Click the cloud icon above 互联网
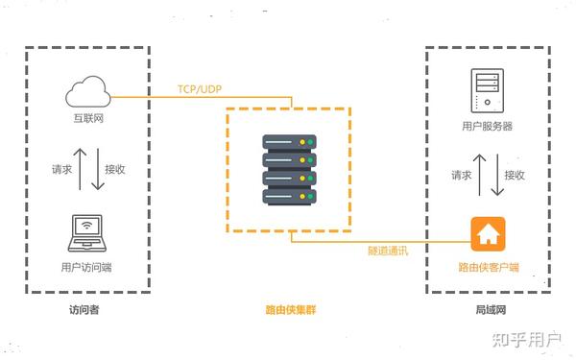point(88,91)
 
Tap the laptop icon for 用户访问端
point(87,233)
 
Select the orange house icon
point(489,234)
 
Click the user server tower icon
point(488,90)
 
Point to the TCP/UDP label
point(200,89)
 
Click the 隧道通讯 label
point(388,251)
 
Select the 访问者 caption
point(84,310)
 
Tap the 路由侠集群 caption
point(291,310)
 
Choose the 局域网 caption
point(491,310)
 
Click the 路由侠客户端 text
point(489,267)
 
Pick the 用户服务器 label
point(487,127)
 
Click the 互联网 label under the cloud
point(88,118)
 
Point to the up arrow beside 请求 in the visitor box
point(80,169)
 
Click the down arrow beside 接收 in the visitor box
point(98,169)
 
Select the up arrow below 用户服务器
point(479,175)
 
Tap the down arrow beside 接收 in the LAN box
point(497,175)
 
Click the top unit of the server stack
point(290,142)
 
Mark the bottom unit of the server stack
point(290,197)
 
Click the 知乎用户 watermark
point(527,340)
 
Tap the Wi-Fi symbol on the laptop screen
point(86,226)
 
